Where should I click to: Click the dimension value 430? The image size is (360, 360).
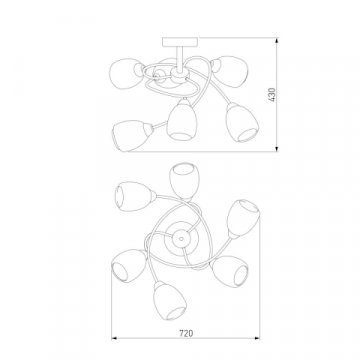[x=272, y=95]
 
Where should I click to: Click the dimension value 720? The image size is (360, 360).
[x=186, y=333]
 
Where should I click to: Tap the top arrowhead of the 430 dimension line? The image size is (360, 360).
[x=277, y=41]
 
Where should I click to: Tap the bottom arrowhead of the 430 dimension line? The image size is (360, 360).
[x=277, y=148]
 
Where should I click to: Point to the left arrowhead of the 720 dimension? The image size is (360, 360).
[x=114, y=338]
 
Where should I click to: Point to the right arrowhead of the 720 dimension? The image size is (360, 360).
[x=257, y=338]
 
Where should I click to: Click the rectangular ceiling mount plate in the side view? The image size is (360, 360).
[x=180, y=42]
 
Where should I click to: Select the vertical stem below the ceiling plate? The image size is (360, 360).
[x=180, y=58]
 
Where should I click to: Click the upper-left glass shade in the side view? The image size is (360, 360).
[x=126, y=73]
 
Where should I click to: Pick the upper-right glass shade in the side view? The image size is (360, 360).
[x=231, y=71]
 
